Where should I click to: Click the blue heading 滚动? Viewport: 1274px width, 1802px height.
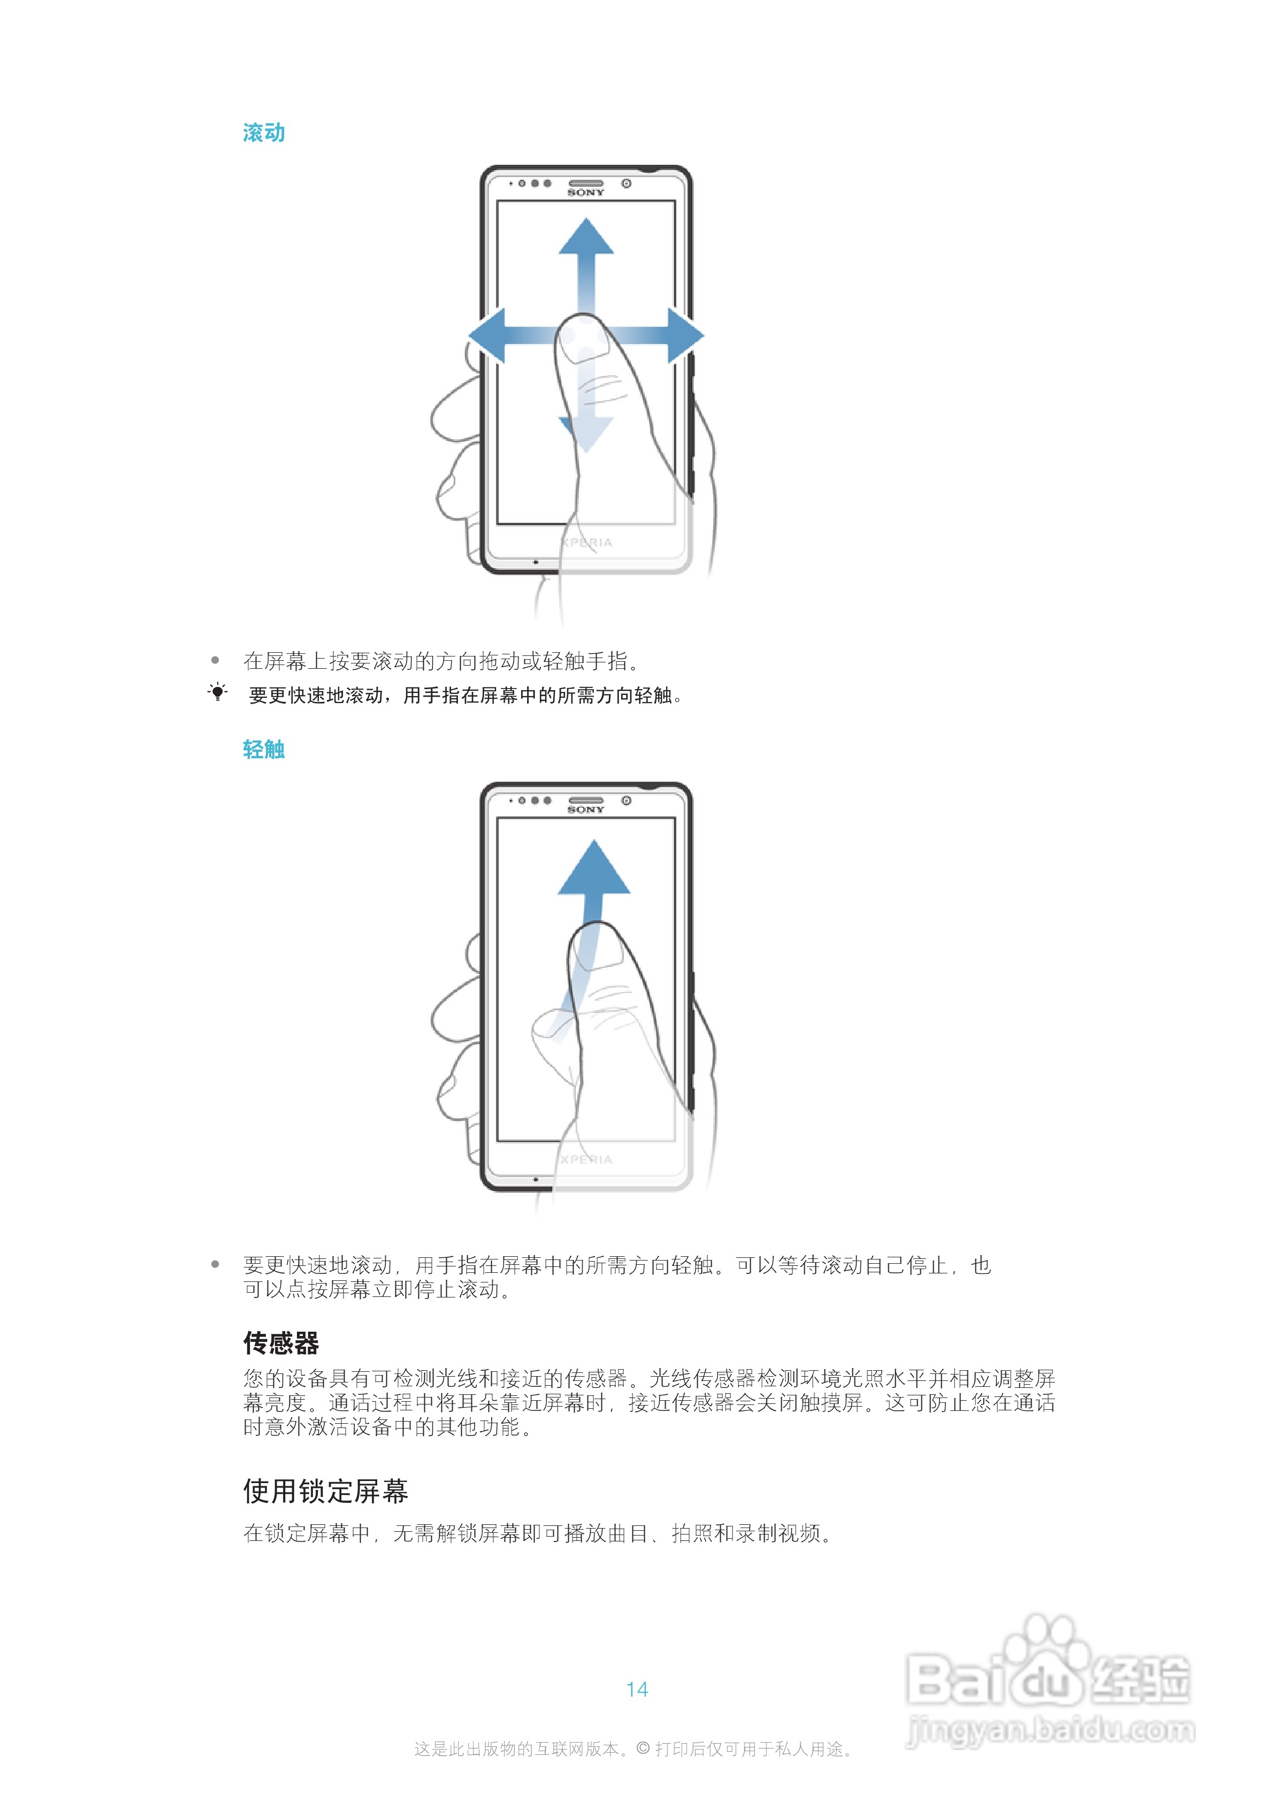point(264,133)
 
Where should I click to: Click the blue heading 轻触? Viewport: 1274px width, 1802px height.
point(264,750)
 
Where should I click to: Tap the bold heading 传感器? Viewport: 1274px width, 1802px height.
point(281,1343)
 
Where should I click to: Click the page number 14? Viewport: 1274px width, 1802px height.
point(637,1689)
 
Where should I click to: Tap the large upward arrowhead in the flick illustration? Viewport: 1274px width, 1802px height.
point(594,867)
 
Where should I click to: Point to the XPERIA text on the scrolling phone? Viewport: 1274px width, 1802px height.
point(586,543)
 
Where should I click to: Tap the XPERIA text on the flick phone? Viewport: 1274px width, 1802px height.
point(586,1159)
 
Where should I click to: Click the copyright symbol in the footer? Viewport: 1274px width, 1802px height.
point(643,1748)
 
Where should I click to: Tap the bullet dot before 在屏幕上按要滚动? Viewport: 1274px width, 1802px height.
point(215,661)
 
